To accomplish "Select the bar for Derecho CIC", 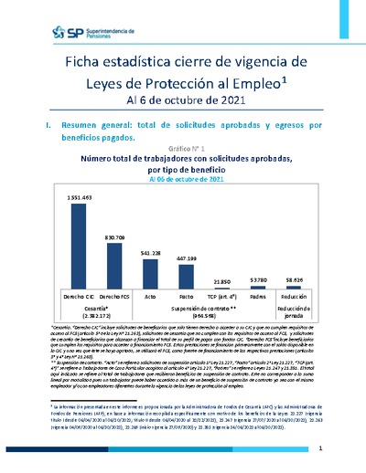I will tap(80, 246).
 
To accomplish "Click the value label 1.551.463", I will tap(80, 197).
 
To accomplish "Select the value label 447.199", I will tap(186, 258).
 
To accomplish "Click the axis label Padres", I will tap(257, 297).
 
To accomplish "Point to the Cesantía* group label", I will tap(97, 308).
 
